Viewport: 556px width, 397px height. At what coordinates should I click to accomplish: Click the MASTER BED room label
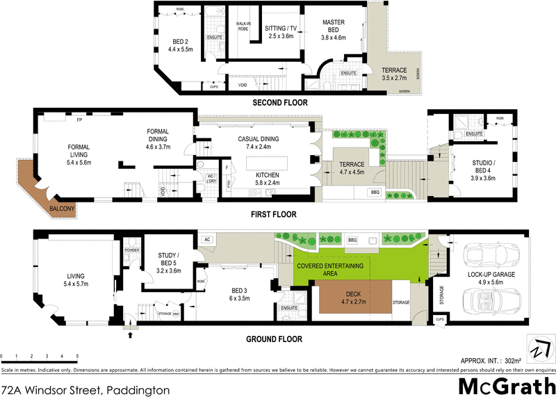pos(334,26)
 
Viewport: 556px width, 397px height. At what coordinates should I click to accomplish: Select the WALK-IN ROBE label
pos(243,26)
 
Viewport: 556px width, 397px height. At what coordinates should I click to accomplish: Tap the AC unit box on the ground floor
pos(207,239)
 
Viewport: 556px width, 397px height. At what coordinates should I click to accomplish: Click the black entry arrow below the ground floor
pos(131,335)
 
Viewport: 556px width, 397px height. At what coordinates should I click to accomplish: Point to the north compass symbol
pos(539,347)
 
